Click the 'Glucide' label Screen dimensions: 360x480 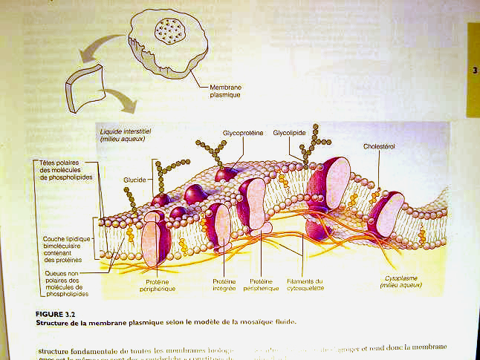click(x=134, y=180)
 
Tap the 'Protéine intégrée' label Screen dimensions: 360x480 click(x=225, y=285)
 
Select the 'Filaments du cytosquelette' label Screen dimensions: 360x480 click(x=309, y=285)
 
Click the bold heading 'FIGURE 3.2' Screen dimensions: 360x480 click(x=54, y=314)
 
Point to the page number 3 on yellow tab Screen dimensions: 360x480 click(x=475, y=71)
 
